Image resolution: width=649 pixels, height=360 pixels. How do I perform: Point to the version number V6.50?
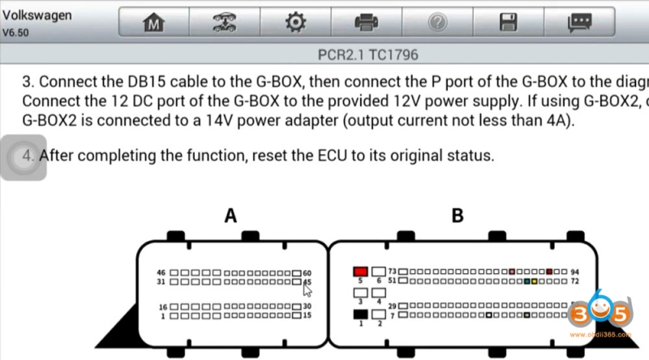(18, 33)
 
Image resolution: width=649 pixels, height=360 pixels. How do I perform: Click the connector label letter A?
(230, 216)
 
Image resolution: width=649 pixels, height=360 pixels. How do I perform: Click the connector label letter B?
(457, 216)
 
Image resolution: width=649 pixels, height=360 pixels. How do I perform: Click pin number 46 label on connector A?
(161, 272)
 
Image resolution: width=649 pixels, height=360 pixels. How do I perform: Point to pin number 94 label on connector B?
(575, 272)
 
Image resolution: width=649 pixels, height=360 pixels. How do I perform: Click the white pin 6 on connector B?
(378, 271)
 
